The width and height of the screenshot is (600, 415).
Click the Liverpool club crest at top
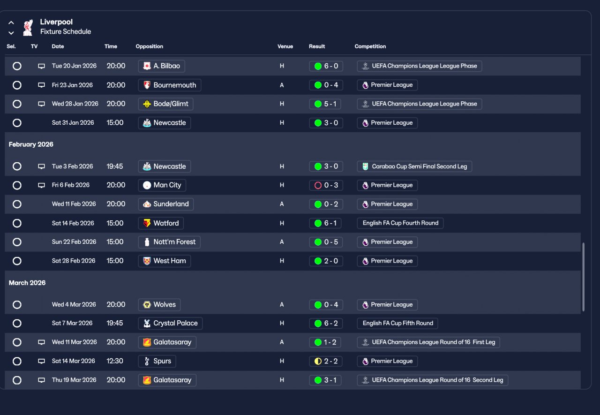pyautogui.click(x=28, y=27)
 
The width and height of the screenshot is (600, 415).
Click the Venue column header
pyautogui.click(x=285, y=46)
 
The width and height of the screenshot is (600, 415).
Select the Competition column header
pyautogui.click(x=370, y=46)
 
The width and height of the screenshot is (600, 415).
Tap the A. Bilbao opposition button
pyautogui.click(x=162, y=66)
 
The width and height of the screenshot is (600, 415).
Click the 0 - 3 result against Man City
pyautogui.click(x=326, y=185)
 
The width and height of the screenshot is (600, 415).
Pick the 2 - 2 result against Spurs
pyautogui.click(x=326, y=361)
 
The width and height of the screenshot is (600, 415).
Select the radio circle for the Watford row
pyautogui.click(x=17, y=223)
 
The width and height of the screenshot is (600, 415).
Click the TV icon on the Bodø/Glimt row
pyautogui.click(x=41, y=104)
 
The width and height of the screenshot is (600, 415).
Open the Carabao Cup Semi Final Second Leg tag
pyautogui.click(x=414, y=166)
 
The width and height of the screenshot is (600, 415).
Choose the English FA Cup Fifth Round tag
pyautogui.click(x=397, y=323)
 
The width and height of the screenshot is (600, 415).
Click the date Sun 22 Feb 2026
pyautogui.click(x=74, y=242)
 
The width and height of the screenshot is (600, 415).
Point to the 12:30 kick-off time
pyautogui.click(x=115, y=361)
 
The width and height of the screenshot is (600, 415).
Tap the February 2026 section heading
pyautogui.click(x=31, y=144)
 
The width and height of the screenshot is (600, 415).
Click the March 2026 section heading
pyautogui.click(x=27, y=283)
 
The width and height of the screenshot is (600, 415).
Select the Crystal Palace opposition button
pyautogui.click(x=170, y=323)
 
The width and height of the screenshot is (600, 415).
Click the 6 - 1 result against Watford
pyautogui.click(x=326, y=223)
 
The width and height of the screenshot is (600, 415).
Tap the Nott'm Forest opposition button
pyautogui.click(x=169, y=242)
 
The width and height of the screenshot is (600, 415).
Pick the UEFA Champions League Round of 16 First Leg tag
pyautogui.click(x=428, y=342)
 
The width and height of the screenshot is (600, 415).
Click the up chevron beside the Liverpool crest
pyautogui.click(x=11, y=23)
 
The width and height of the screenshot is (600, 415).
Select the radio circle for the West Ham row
pyautogui.click(x=17, y=261)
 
